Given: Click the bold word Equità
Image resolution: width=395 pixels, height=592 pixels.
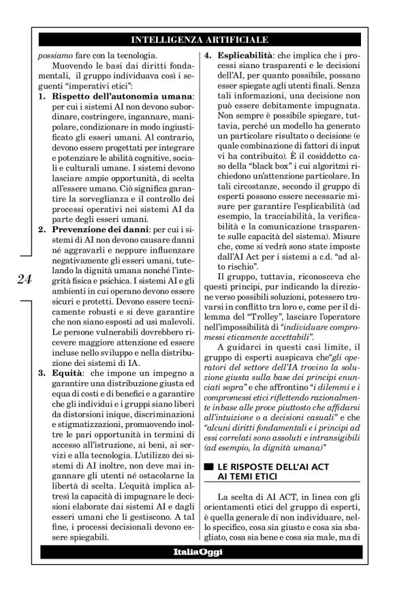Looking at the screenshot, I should (x=69, y=373).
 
